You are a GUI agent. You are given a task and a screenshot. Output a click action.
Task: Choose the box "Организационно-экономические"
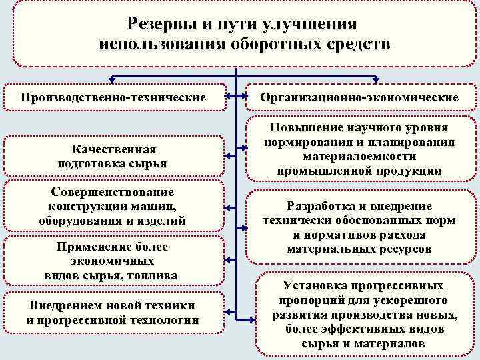pyautogui.click(x=359, y=97)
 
